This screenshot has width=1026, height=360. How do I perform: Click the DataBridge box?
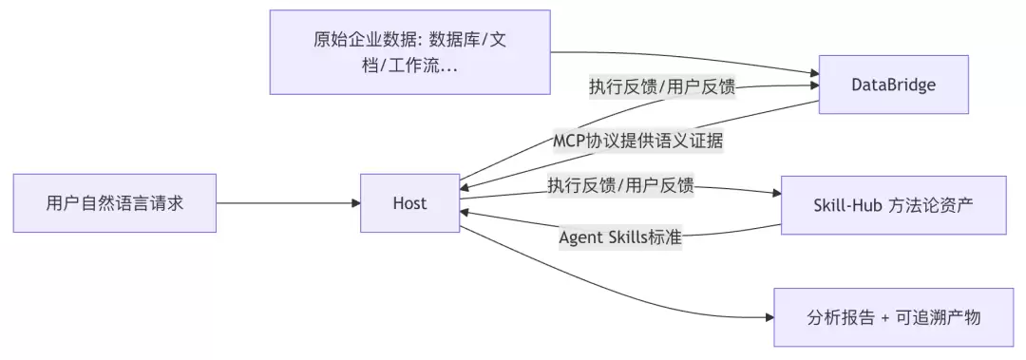(893, 85)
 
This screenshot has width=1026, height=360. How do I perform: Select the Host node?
(409, 203)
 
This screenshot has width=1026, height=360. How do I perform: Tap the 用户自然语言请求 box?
(115, 203)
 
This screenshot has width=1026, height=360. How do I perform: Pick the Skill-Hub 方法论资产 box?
(893, 205)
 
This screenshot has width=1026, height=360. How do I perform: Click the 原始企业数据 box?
(410, 51)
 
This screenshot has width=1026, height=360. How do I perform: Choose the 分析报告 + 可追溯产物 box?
(893, 317)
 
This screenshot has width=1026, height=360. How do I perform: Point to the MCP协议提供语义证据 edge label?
(637, 142)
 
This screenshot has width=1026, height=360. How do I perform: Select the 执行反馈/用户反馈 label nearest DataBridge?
(662, 87)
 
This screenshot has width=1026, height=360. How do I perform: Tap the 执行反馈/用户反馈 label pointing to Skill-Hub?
(620, 186)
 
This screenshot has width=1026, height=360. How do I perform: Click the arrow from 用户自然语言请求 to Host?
(289, 203)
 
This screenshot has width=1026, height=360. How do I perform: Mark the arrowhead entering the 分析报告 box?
(769, 317)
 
